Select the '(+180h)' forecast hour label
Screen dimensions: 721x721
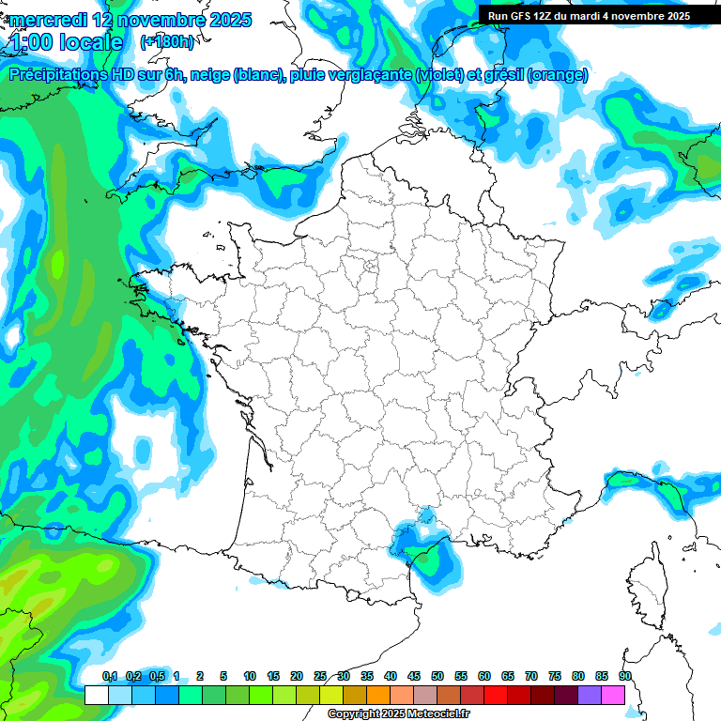point(167,42)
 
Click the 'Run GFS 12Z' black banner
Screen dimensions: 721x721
point(589,15)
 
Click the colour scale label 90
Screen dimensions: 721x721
point(625,676)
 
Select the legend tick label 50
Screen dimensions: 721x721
point(437,676)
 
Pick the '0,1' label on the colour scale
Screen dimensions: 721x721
point(110,676)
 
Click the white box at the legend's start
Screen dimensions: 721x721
point(96,695)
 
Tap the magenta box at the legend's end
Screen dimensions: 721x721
point(613,695)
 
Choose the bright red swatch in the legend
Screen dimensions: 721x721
point(496,695)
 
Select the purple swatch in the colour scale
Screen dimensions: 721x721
point(590,695)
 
